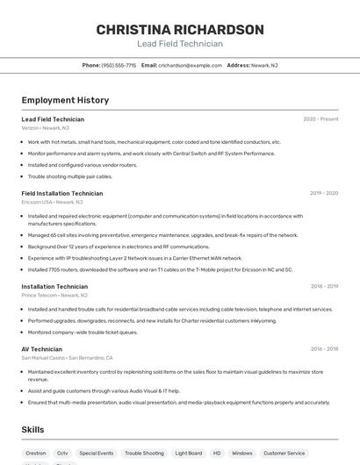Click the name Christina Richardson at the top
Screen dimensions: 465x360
click(x=180, y=29)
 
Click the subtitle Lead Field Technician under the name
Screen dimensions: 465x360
click(x=180, y=44)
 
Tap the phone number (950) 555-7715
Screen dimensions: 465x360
click(x=119, y=65)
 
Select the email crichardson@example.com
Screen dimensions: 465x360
click(x=190, y=65)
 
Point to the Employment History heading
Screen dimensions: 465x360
click(x=65, y=100)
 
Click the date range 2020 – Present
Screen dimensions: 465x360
click(x=320, y=119)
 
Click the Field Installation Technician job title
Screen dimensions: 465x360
click(x=62, y=193)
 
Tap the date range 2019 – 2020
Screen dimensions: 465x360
click(x=324, y=193)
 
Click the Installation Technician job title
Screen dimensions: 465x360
click(x=54, y=286)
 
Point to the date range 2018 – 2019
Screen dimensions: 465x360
click(x=324, y=286)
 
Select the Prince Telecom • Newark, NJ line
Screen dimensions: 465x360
click(x=55, y=296)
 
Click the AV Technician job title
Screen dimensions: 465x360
click(x=42, y=348)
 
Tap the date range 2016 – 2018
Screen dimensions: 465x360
click(x=324, y=348)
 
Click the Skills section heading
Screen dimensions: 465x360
click(x=33, y=430)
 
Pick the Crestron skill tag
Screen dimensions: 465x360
click(x=36, y=454)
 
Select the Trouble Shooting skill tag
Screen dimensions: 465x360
click(x=144, y=454)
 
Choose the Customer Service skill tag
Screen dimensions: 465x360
click(x=284, y=454)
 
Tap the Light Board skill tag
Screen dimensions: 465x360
click(x=189, y=454)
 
